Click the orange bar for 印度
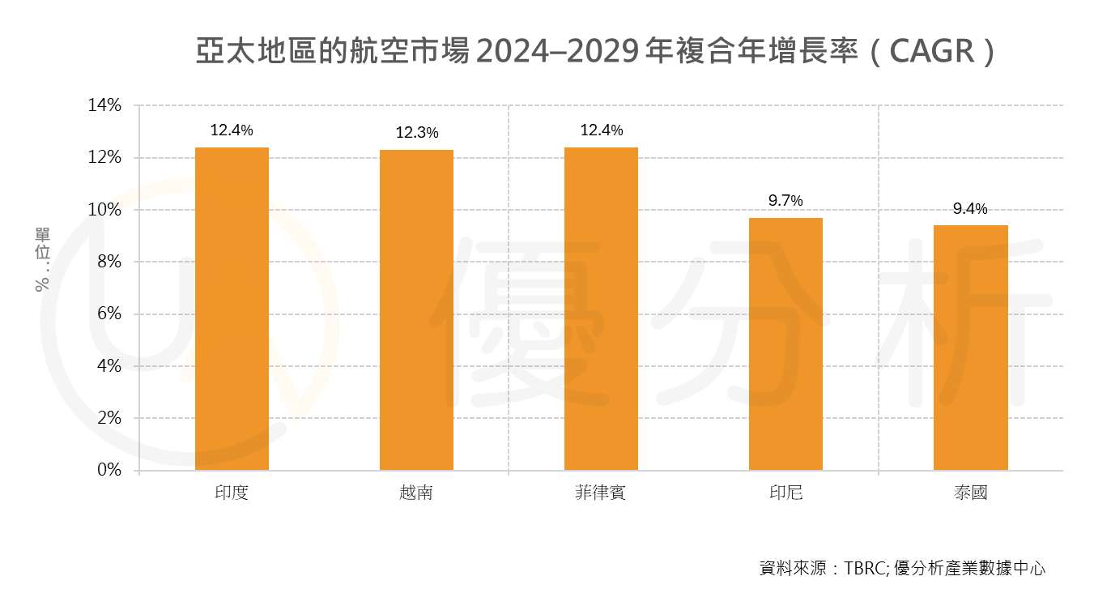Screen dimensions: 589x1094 coord(232,309)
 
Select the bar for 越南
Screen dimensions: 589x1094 coord(416,309)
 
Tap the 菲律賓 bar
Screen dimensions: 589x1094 coord(601,309)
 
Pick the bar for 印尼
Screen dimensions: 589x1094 coord(785,344)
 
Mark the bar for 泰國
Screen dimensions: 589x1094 coord(970,348)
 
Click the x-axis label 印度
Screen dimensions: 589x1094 coord(232,493)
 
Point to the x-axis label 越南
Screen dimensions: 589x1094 coord(416,493)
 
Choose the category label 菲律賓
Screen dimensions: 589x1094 coord(601,493)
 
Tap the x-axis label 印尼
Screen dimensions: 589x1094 coord(785,493)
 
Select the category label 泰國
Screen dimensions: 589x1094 coord(970,493)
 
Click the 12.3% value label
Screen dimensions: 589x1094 coord(417,132)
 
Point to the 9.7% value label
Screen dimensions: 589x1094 coord(785,201)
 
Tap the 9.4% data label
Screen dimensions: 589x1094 coord(970,209)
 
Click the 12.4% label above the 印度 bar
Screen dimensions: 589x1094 coord(232,130)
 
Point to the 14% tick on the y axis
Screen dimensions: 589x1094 coord(105,105)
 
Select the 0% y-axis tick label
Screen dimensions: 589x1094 coord(109,470)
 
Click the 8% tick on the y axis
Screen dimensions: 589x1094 coord(109,262)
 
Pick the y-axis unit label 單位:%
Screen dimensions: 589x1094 coord(42,258)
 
